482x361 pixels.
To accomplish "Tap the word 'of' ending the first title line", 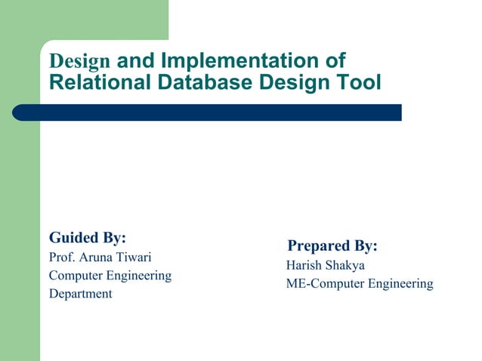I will (x=335, y=60).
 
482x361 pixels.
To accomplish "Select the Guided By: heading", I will (x=88, y=237).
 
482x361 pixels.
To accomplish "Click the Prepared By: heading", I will (x=332, y=246).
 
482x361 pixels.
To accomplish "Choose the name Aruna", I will (x=98, y=257).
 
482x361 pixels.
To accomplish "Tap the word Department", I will (x=80, y=294).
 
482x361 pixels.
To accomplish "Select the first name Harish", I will (x=304, y=266).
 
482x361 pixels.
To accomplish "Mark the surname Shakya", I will (x=346, y=266).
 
